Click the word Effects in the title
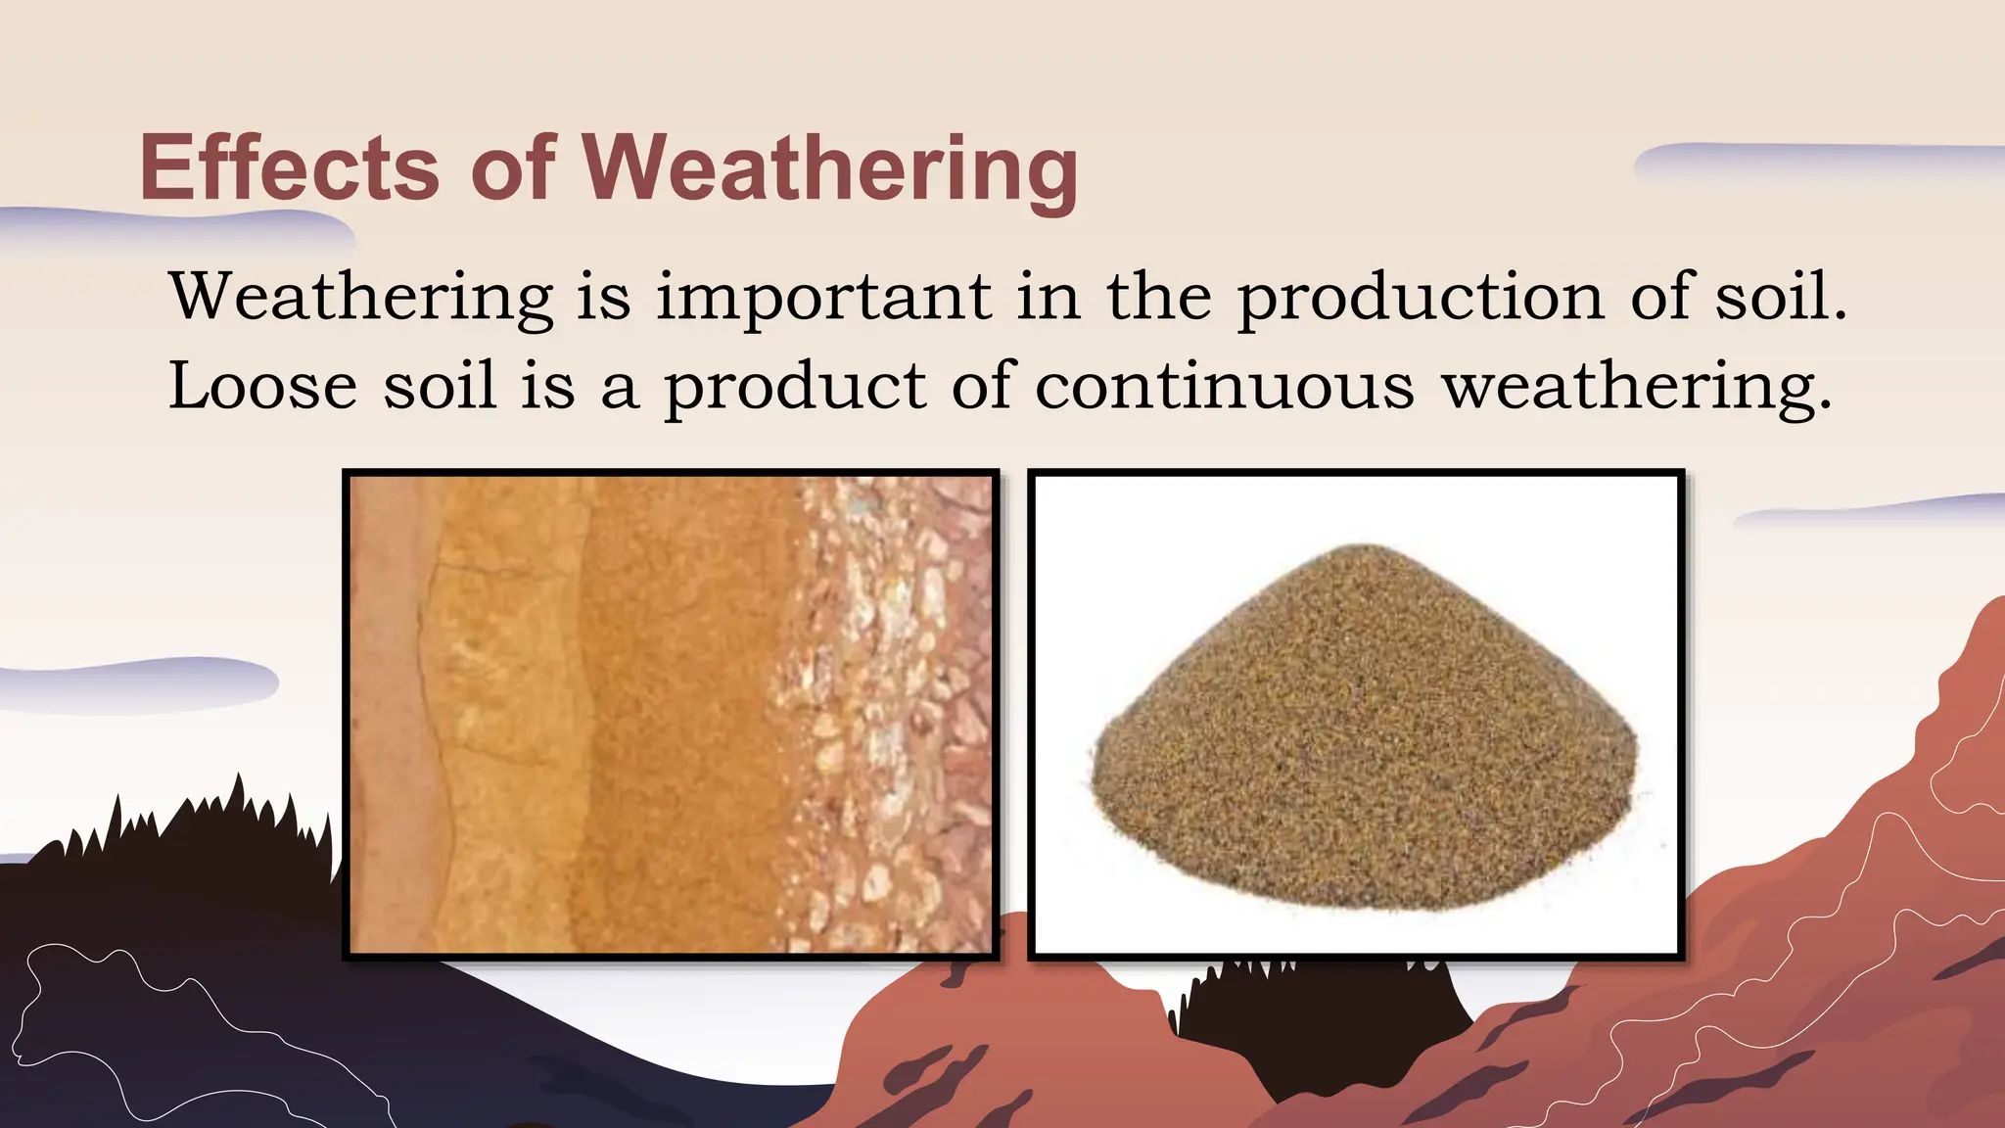(289, 168)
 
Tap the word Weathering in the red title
(832, 168)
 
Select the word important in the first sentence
(823, 297)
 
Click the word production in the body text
(1420, 297)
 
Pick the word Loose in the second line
(262, 386)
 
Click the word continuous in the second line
(1224, 386)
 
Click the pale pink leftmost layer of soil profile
(387, 715)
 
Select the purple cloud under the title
(176, 230)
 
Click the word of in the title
(513, 168)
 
